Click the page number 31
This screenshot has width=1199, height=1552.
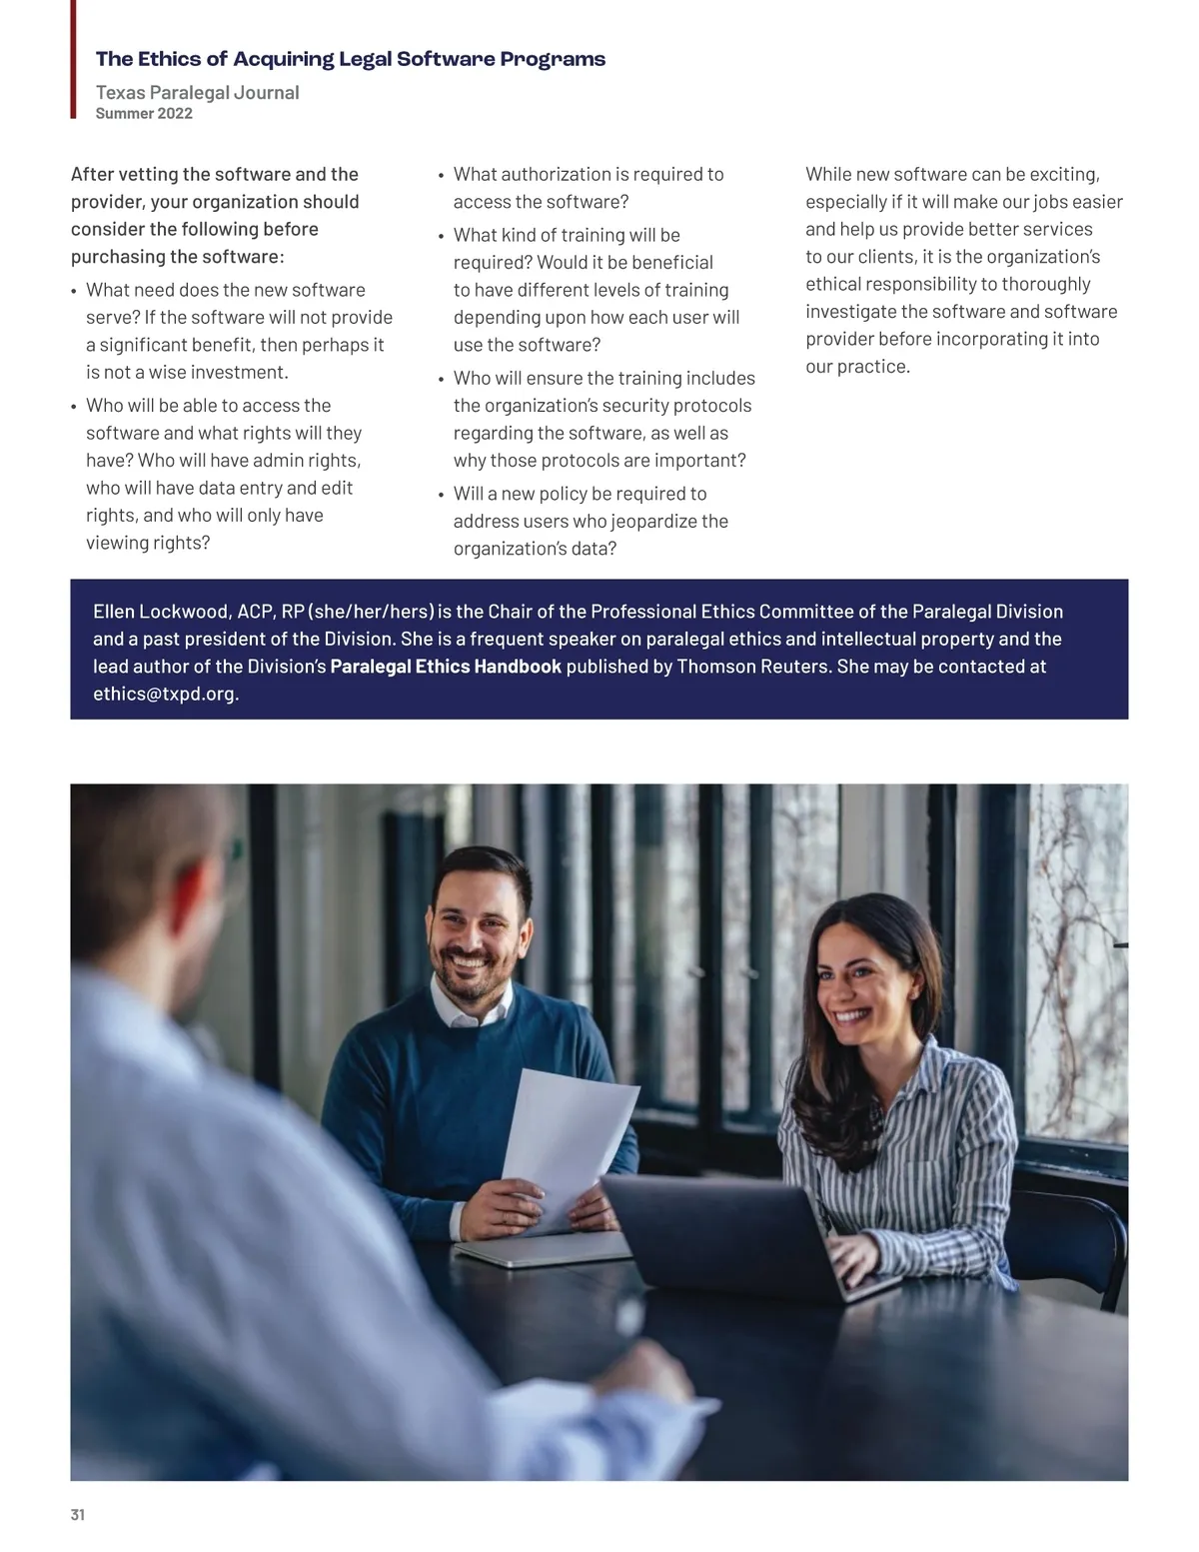click(78, 1515)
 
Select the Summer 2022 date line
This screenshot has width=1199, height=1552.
click(144, 114)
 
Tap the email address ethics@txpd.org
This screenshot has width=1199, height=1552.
click(165, 694)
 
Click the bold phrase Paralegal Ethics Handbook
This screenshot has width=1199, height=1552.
click(446, 667)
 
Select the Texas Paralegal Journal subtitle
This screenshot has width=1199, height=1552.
click(197, 93)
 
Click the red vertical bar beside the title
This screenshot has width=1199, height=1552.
click(73, 60)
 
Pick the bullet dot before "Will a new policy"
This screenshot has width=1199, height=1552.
click(441, 495)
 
